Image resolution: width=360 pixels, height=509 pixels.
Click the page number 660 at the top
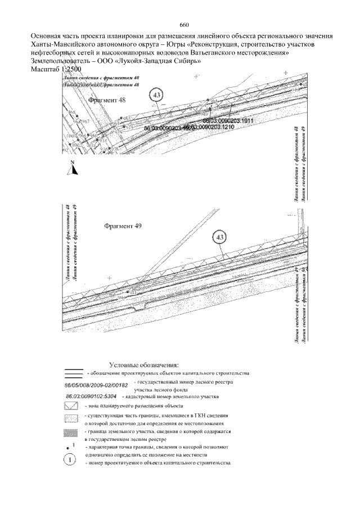click(x=184, y=25)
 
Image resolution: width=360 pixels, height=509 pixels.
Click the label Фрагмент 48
click(x=107, y=100)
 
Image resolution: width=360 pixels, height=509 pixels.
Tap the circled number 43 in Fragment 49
click(x=220, y=237)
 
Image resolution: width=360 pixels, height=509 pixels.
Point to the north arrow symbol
click(x=72, y=166)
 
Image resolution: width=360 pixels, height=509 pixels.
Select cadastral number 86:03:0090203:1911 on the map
click(x=228, y=121)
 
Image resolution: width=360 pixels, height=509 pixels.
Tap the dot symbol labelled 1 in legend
click(x=69, y=447)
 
